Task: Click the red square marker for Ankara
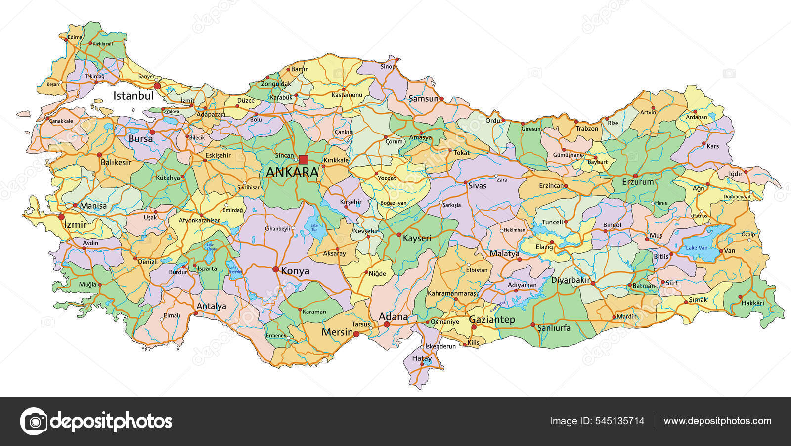[x=304, y=159]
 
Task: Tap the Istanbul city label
[x=133, y=96]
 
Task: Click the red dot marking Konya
[x=275, y=269]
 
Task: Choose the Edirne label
[x=75, y=37]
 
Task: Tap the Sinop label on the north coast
[x=388, y=66]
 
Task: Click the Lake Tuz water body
[x=315, y=228]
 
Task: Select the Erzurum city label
[x=638, y=182]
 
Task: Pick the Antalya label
[x=211, y=306]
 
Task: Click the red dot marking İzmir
[x=62, y=217]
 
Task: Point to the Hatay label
[x=422, y=358]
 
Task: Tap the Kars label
[x=712, y=146]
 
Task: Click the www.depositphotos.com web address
[x=717, y=421]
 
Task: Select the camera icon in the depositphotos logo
[x=34, y=421]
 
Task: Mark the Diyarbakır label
[x=571, y=280]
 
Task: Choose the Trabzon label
[x=587, y=129]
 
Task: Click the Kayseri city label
[x=417, y=238]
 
